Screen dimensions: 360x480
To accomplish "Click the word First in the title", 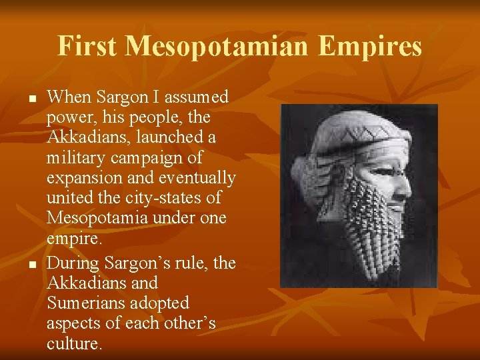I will click(x=88, y=47).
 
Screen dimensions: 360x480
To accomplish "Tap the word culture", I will click(x=74, y=344).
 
